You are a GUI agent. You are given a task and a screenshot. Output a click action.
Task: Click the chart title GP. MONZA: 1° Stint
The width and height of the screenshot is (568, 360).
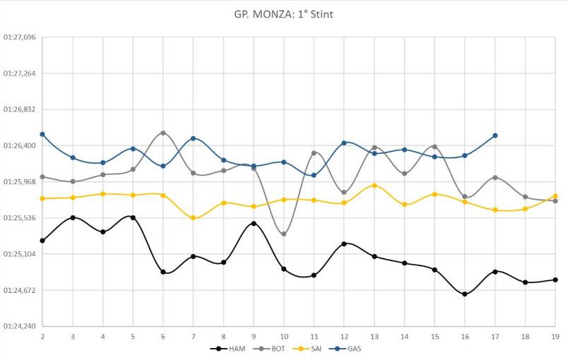(284, 14)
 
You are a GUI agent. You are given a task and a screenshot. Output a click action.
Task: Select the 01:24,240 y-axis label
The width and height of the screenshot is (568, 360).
(20, 327)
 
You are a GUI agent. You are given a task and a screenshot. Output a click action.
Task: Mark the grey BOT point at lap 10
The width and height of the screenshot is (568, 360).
(283, 234)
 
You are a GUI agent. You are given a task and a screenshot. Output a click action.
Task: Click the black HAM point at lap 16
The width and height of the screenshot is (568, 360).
(464, 294)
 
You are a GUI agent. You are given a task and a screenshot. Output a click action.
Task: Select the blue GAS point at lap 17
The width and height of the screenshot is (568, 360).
(495, 136)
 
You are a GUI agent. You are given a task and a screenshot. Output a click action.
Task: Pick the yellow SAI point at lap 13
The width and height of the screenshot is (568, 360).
(374, 185)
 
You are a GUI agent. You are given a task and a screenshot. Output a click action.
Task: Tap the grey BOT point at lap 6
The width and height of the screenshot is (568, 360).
(163, 133)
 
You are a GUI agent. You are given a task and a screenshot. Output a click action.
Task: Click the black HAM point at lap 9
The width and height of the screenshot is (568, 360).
(254, 223)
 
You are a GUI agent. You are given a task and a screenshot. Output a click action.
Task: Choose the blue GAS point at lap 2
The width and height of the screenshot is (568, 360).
(42, 134)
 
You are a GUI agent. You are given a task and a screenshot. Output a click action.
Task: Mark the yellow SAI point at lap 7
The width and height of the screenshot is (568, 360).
(193, 218)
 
